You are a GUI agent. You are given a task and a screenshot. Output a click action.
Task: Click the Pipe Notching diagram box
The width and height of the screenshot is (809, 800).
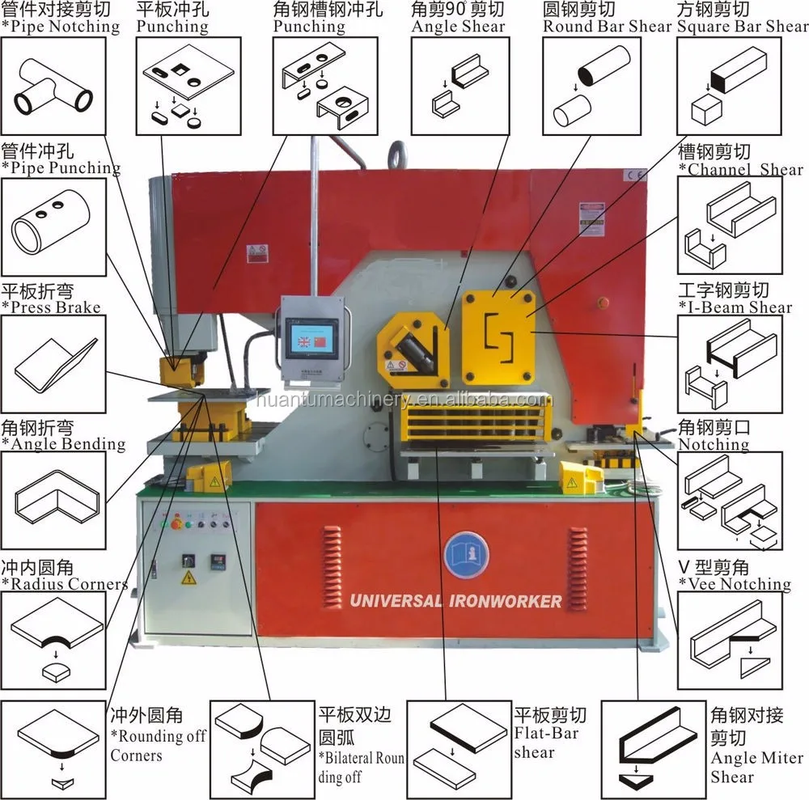click(x=53, y=86)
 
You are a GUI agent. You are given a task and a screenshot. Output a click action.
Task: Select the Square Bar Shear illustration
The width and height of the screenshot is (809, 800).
click(x=730, y=86)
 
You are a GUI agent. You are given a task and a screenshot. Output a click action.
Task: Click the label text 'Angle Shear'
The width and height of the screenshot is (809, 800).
click(x=460, y=26)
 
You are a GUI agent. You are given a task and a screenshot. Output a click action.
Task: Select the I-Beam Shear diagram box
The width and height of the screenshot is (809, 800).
click(x=730, y=360)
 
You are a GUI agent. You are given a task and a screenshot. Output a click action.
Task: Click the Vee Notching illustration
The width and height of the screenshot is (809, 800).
click(x=730, y=639)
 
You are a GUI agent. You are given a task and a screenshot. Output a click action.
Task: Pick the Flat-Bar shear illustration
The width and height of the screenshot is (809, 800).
click(x=459, y=745)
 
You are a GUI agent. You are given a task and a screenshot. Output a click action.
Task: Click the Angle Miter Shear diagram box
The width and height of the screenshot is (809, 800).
click(x=653, y=745)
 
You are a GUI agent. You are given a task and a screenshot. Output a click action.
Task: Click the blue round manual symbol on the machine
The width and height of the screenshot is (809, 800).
click(x=468, y=554)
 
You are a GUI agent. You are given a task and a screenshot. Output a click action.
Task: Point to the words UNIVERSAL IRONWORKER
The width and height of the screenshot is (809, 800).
click(x=455, y=601)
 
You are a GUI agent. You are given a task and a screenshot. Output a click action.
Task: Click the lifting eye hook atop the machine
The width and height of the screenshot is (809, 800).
click(x=396, y=154)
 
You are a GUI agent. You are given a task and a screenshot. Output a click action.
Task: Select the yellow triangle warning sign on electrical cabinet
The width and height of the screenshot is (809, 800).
click(x=188, y=578)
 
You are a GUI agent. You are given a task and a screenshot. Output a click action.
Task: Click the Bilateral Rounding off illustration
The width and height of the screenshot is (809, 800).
click(x=262, y=745)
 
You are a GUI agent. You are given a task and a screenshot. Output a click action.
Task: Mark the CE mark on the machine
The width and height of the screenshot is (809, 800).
click(x=636, y=173)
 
